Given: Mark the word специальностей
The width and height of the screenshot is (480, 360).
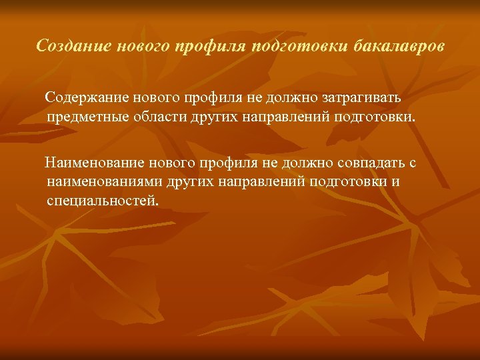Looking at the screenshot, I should coord(103,201).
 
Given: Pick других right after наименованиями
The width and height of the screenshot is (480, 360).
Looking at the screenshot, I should coord(187,181).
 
